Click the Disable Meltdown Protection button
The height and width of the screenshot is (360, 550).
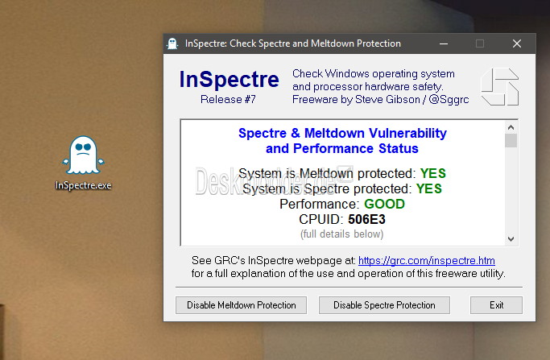pyautogui.click(x=241, y=305)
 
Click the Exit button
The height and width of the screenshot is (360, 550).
pyautogui.click(x=496, y=305)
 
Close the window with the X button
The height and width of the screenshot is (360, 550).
pyautogui.click(x=517, y=43)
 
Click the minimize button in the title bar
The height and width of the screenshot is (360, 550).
pyautogui.click(x=444, y=43)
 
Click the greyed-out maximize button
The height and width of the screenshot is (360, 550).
pyautogui.click(x=480, y=43)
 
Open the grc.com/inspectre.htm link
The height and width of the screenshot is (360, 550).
pyautogui.click(x=427, y=260)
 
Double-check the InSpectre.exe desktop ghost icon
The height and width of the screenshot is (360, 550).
pyautogui.click(x=84, y=155)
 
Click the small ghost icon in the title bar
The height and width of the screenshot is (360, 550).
pyautogui.click(x=172, y=43)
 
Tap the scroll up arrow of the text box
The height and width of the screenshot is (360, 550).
pyautogui.click(x=511, y=127)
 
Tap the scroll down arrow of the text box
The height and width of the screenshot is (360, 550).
pyautogui.click(x=511, y=239)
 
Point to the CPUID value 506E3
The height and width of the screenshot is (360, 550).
pyautogui.click(x=366, y=219)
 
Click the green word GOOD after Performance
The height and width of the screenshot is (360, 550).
pyautogui.click(x=384, y=204)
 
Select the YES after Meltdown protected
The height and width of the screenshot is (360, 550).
pyautogui.click(x=433, y=173)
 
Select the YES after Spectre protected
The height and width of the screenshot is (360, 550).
pyautogui.click(x=429, y=188)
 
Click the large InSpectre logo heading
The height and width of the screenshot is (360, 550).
pyautogui.click(x=229, y=79)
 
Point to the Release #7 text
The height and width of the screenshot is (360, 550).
pyautogui.click(x=228, y=99)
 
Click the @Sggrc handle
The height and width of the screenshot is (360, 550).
pyautogui.click(x=449, y=100)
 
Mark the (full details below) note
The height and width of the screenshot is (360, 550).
pyautogui.click(x=342, y=234)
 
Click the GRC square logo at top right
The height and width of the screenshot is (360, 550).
pyautogui.click(x=499, y=87)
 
